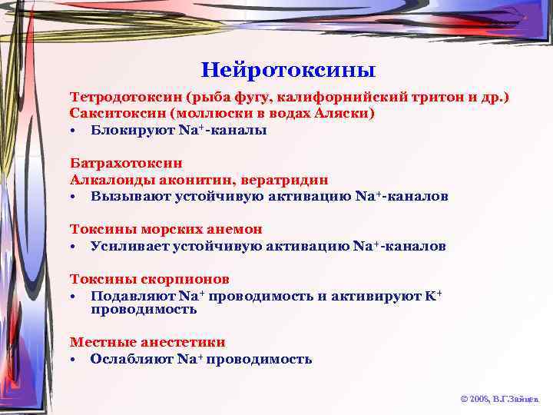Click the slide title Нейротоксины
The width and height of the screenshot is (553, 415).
288,71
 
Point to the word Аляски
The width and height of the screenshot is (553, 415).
349,114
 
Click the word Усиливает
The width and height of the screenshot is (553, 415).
129,246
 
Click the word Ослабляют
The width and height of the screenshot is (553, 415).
132,359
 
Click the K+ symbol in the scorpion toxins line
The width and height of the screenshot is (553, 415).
433,295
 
